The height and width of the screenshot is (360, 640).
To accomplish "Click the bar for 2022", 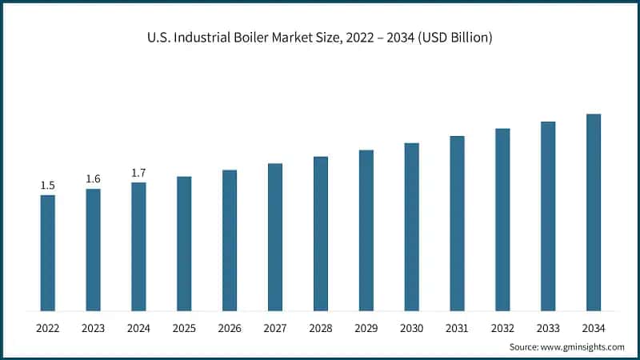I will [x=48, y=253].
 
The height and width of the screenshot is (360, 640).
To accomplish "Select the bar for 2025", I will [x=184, y=243].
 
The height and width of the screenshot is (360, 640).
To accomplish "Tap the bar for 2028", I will [x=321, y=234].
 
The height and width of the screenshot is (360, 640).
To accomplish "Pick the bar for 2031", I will [x=457, y=223].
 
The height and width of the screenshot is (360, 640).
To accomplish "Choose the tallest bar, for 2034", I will [x=594, y=212].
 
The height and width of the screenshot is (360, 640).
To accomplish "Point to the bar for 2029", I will [x=366, y=230].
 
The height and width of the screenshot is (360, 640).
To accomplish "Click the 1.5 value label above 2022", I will [x=48, y=186].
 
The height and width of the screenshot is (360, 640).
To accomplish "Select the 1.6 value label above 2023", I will [x=94, y=178].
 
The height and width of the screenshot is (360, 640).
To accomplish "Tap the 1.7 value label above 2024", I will [x=139, y=173].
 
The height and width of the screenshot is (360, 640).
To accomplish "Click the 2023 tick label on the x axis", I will [x=94, y=328].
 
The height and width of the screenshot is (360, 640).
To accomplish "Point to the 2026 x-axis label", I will [x=230, y=328].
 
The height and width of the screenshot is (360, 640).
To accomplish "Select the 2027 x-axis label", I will [x=275, y=328].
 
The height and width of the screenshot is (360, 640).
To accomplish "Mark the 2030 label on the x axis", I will [x=412, y=328].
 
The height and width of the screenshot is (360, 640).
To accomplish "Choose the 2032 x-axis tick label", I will [x=502, y=328].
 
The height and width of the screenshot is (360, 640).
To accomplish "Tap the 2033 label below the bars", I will [x=548, y=328].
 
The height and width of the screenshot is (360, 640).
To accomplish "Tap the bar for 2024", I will [x=139, y=246].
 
